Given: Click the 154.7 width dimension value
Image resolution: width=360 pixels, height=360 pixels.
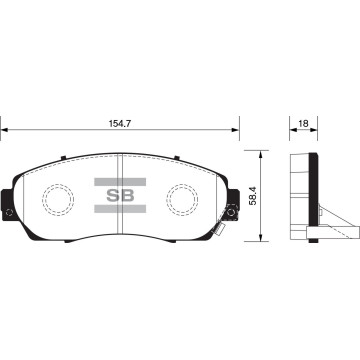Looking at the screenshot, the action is pyautogui.click(x=120, y=123).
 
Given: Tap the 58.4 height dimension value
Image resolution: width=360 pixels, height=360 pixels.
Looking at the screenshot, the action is pyautogui.click(x=253, y=196).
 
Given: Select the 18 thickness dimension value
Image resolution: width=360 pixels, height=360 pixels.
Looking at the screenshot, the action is pyautogui.click(x=303, y=123).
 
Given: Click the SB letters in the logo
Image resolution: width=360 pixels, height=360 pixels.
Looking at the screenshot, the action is pyautogui.click(x=120, y=195).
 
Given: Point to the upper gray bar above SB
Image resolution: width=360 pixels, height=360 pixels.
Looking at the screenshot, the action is pyautogui.click(x=120, y=182).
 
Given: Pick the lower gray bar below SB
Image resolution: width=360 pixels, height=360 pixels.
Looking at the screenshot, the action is pyautogui.click(x=120, y=209).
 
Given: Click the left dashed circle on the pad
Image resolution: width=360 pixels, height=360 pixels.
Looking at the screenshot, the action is pyautogui.click(x=58, y=199).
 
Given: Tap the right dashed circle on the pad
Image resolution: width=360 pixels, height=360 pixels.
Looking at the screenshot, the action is pyautogui.click(x=182, y=199).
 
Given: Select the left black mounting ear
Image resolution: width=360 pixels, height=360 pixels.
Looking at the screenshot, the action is pyautogui.click(x=7, y=205).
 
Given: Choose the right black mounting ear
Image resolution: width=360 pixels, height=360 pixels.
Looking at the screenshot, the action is pyautogui.click(x=233, y=205).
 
